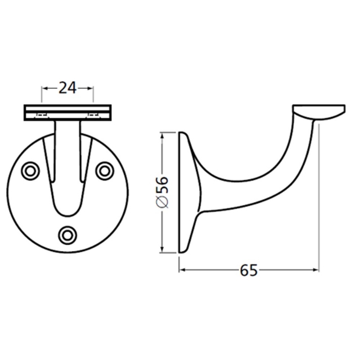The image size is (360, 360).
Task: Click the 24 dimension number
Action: [x=67, y=88]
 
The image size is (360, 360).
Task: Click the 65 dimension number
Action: [x=249, y=270]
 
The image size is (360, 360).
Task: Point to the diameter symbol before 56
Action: [x=161, y=205]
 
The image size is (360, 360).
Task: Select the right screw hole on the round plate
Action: [x=105, y=171]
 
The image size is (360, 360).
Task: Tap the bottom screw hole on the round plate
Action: [x=68, y=233]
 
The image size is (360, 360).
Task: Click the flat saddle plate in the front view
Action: [x=67, y=113]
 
